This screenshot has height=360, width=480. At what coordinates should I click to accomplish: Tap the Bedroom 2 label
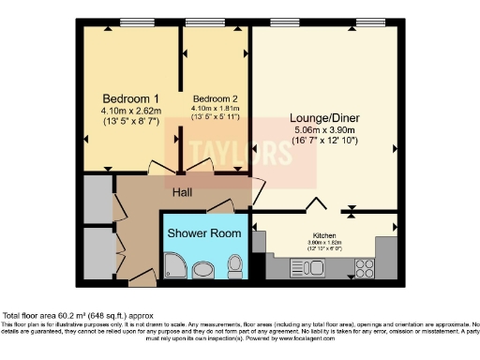[215, 98]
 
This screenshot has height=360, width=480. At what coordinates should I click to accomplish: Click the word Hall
[183, 193]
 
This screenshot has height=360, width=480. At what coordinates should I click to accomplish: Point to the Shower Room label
[202, 232]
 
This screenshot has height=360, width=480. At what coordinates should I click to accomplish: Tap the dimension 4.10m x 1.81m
[215, 109]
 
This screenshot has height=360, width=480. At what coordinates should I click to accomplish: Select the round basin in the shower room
[202, 271]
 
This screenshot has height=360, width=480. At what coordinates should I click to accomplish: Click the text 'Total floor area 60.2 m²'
[56, 316]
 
